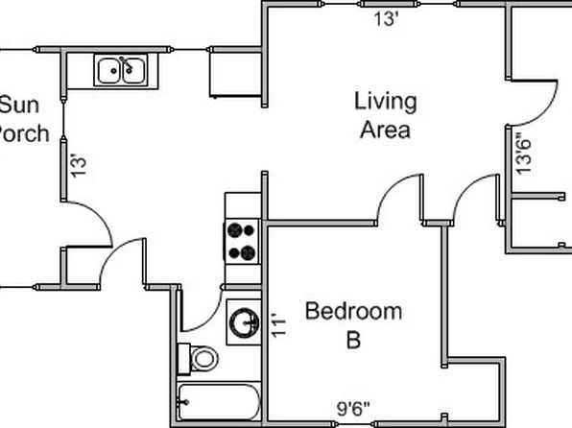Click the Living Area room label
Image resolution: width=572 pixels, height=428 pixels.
point(386,115)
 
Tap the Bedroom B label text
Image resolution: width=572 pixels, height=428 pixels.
point(353,325)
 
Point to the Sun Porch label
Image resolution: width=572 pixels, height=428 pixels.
point(22,119)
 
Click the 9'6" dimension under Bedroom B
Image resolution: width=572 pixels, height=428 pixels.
point(353,409)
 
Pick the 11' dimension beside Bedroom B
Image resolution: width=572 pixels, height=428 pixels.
point(278,324)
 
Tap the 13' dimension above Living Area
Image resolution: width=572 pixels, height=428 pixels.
point(387,18)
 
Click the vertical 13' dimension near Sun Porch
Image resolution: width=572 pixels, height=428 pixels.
point(79,167)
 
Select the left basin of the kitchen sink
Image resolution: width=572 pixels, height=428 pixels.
point(108,71)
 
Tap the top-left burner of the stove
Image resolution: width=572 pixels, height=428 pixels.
point(234,230)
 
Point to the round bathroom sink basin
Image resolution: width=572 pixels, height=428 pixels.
point(244,322)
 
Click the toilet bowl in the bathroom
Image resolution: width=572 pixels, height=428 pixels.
point(204,359)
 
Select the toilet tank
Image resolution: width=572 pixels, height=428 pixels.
point(183,359)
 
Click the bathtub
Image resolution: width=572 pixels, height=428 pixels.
point(219,402)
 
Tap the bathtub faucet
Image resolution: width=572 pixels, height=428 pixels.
point(182,402)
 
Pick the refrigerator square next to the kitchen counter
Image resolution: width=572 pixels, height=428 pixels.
point(235,75)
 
